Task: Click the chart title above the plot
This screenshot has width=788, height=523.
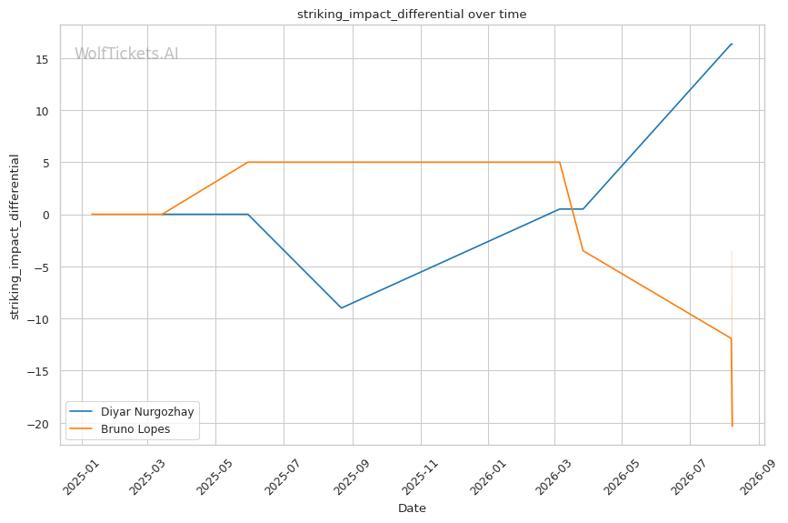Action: (x=412, y=14)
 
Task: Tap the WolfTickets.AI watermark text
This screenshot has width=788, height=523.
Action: (x=126, y=54)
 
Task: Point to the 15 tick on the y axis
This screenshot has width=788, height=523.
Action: (x=42, y=59)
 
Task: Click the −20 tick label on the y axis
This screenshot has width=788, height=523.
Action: (x=37, y=424)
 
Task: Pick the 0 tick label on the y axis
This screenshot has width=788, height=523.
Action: (x=45, y=216)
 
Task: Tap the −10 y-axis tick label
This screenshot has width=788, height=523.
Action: (x=37, y=319)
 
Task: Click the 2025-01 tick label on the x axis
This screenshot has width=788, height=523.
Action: (x=81, y=477)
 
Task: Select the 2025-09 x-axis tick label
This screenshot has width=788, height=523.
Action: (x=352, y=477)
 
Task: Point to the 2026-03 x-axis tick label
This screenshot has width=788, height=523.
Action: (x=554, y=477)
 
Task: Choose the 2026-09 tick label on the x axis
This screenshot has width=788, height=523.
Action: (x=757, y=477)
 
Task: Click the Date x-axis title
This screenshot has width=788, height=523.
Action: (x=412, y=508)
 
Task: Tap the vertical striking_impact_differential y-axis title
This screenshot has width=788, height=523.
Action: (x=14, y=236)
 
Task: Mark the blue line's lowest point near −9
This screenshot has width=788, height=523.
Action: (x=341, y=307)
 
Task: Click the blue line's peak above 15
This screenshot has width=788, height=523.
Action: (x=732, y=45)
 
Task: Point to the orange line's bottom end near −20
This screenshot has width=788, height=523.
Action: (x=733, y=426)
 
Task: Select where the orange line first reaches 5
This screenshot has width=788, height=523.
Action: (x=248, y=163)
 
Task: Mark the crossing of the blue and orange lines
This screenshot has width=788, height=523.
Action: (x=564, y=208)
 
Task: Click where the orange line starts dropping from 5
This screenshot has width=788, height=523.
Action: (x=559, y=163)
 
